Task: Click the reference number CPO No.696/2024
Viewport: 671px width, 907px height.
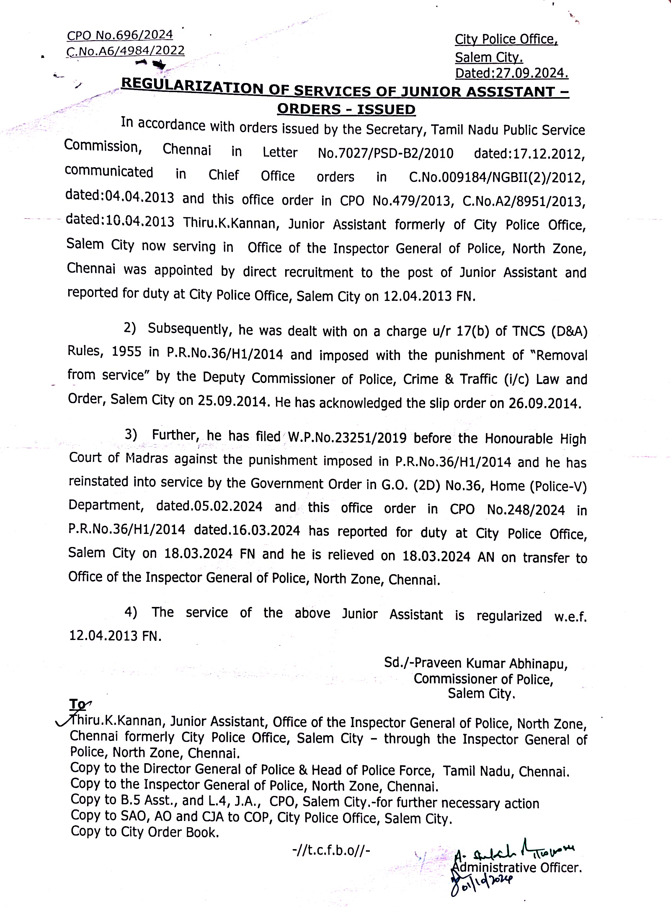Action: pos(120,35)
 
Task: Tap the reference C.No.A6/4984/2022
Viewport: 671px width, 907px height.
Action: pos(125,51)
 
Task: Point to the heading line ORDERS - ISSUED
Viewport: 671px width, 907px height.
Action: pos(346,109)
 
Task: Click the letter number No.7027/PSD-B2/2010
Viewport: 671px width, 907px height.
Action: pos(386,153)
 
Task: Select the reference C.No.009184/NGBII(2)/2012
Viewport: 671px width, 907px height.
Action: pos(497,177)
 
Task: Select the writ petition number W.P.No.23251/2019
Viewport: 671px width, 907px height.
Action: pos(347,437)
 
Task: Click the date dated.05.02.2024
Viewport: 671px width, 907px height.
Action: pos(209,506)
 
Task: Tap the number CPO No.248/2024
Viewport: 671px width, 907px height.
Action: pos(507,509)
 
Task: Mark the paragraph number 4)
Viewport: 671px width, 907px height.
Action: pos(130,612)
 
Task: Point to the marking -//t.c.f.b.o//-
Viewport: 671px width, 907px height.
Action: pos(331,850)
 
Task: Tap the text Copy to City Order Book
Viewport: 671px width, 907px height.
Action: pos(145,832)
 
